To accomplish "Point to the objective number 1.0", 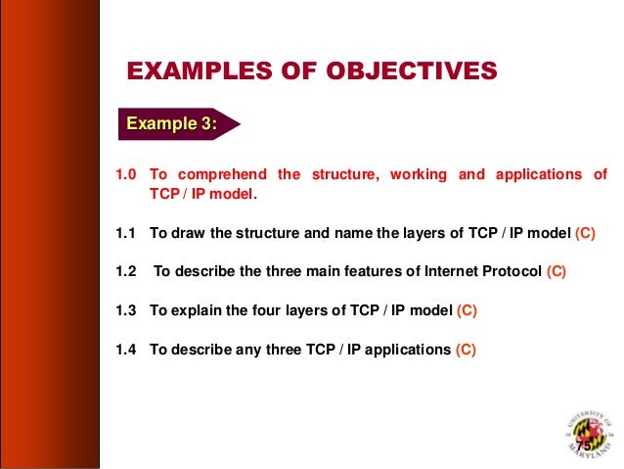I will (125, 175).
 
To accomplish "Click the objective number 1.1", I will (125, 234).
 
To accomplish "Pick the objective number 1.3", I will (125, 310).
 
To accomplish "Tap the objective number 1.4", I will (125, 349).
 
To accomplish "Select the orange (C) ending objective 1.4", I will (466, 349).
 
